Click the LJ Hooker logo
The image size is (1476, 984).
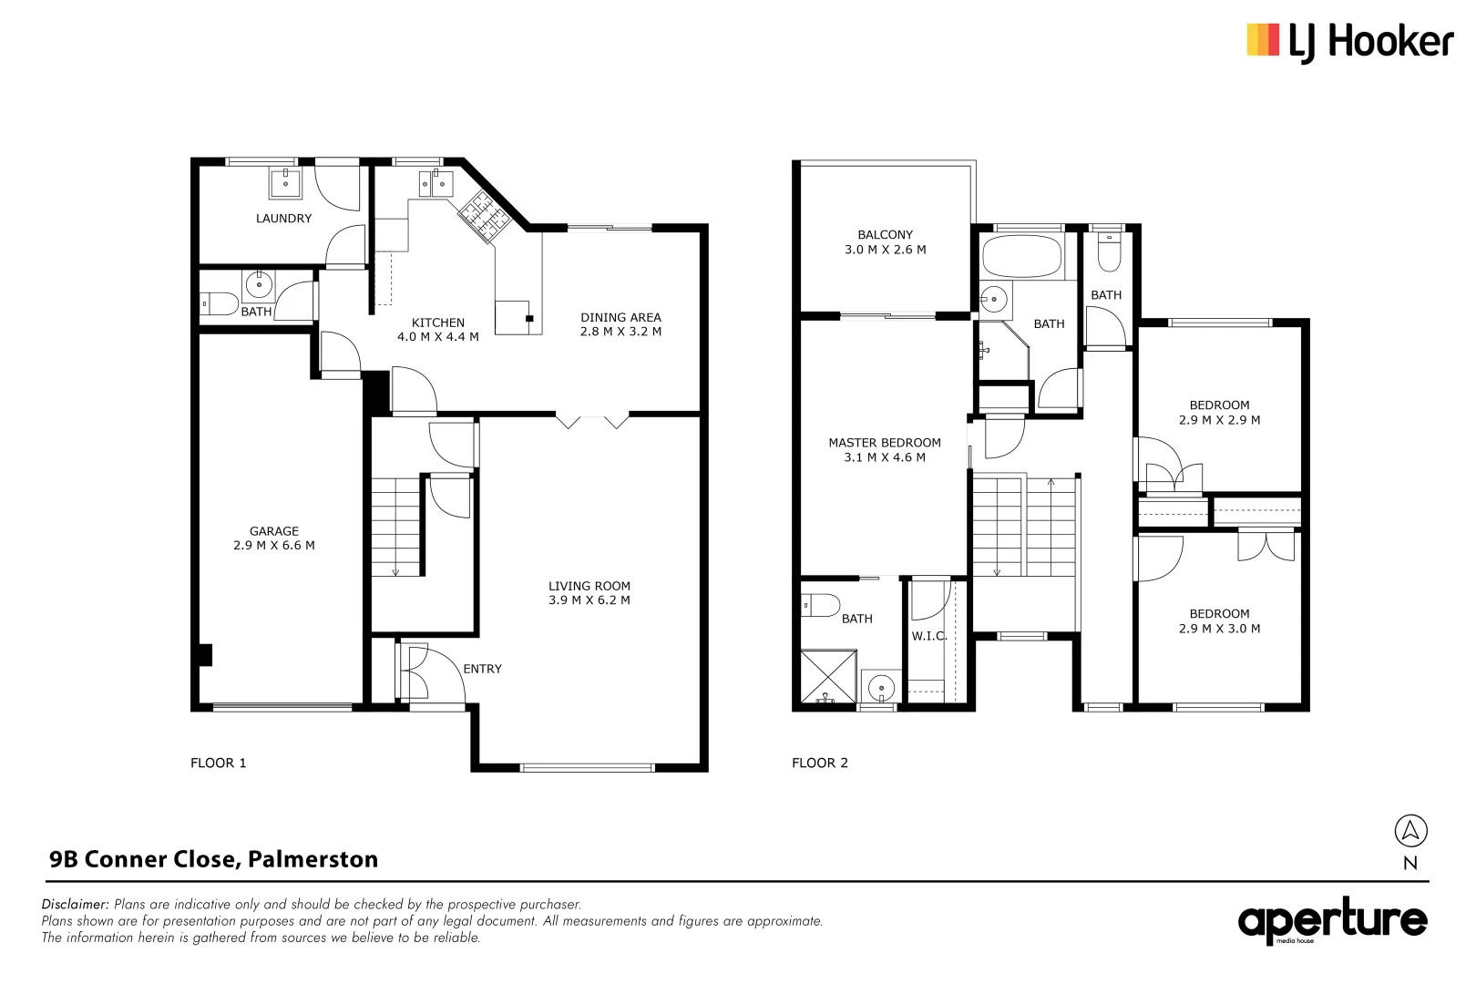click(x=1348, y=42)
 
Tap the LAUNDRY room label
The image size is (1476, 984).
click(x=283, y=219)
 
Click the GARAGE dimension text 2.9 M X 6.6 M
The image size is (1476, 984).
click(x=274, y=546)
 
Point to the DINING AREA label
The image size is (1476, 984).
click(x=620, y=318)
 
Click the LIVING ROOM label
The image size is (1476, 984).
click(x=589, y=586)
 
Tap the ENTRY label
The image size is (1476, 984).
click(x=482, y=669)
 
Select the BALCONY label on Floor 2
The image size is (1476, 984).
click(x=885, y=235)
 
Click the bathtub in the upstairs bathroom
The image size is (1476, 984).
click(x=1022, y=257)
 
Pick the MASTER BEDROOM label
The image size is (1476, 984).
click(x=884, y=443)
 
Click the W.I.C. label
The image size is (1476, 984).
click(x=928, y=636)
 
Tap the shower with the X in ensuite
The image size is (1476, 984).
click(x=828, y=675)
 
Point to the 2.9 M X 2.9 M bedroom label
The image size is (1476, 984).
click(x=1219, y=420)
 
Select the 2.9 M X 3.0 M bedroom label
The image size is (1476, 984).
click(x=1219, y=629)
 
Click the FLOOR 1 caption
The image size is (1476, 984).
click(x=218, y=763)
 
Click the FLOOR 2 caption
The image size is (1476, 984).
click(x=819, y=763)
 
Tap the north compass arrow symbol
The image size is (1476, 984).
click(x=1410, y=830)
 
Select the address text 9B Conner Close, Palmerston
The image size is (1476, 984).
click(x=213, y=859)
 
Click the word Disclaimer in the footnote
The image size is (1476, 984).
click(x=75, y=905)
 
